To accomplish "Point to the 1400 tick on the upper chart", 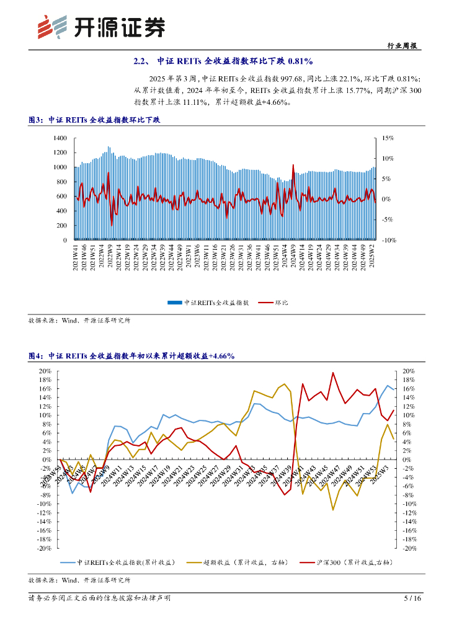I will pos(60,138).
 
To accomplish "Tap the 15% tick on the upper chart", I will pos(388,138).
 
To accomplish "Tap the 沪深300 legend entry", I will pos(353,562).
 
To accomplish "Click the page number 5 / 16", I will pos(412,598).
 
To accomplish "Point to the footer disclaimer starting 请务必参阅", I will pos(99,598).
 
